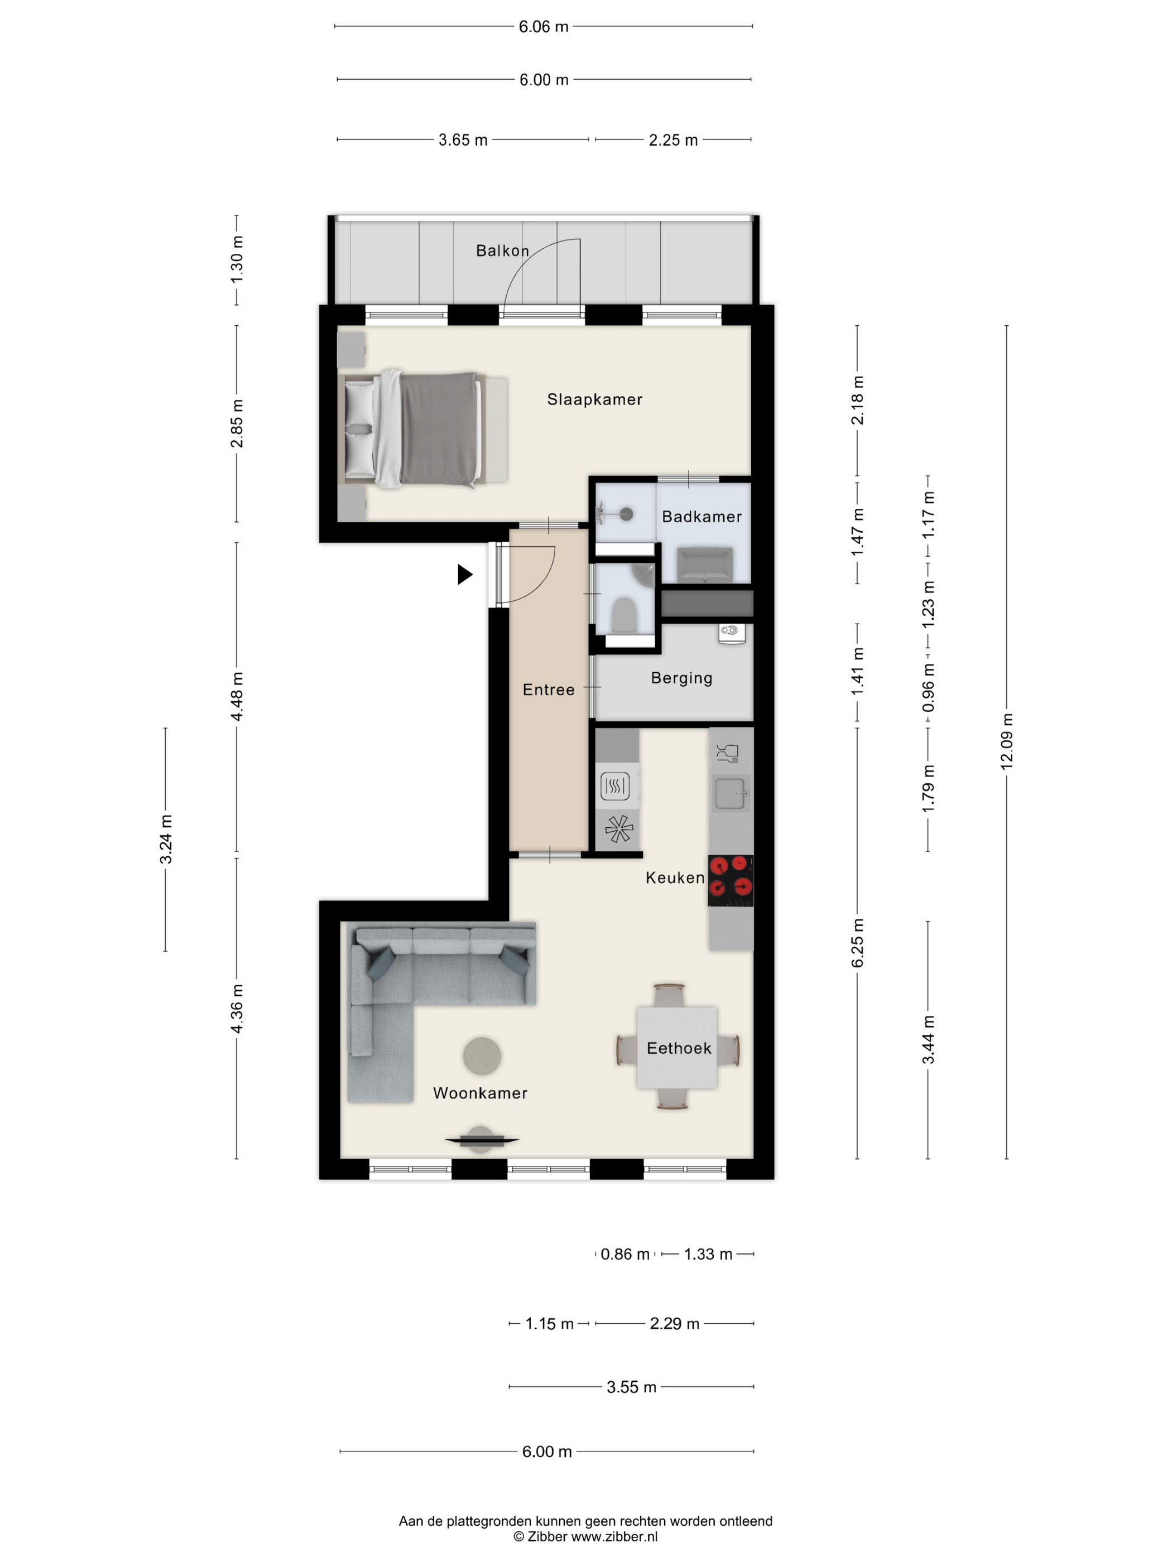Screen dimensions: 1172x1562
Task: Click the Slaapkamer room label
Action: coord(595,399)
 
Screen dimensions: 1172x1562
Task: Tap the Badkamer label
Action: coord(702,517)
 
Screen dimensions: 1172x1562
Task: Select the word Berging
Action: coord(682,678)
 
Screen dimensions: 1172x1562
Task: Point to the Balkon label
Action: coord(502,250)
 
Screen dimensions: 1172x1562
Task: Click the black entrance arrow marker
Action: coord(465,574)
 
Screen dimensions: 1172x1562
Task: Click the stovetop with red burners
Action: coord(731,880)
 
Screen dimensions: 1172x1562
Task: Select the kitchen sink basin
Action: coord(731,793)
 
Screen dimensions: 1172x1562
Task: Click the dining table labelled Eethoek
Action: coord(677,1048)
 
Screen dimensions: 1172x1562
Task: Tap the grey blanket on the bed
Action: coord(438,428)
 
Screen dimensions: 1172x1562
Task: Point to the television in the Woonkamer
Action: coord(481,1140)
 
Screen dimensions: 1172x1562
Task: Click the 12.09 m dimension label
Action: coord(1007,741)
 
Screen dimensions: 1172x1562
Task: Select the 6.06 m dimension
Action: coord(543,27)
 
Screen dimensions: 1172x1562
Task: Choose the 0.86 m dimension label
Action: coord(625,1254)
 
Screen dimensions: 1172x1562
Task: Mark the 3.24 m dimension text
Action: coord(165,839)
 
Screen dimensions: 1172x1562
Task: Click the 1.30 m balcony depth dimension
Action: coord(237,260)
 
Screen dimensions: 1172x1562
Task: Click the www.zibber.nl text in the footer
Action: coord(614,1536)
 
